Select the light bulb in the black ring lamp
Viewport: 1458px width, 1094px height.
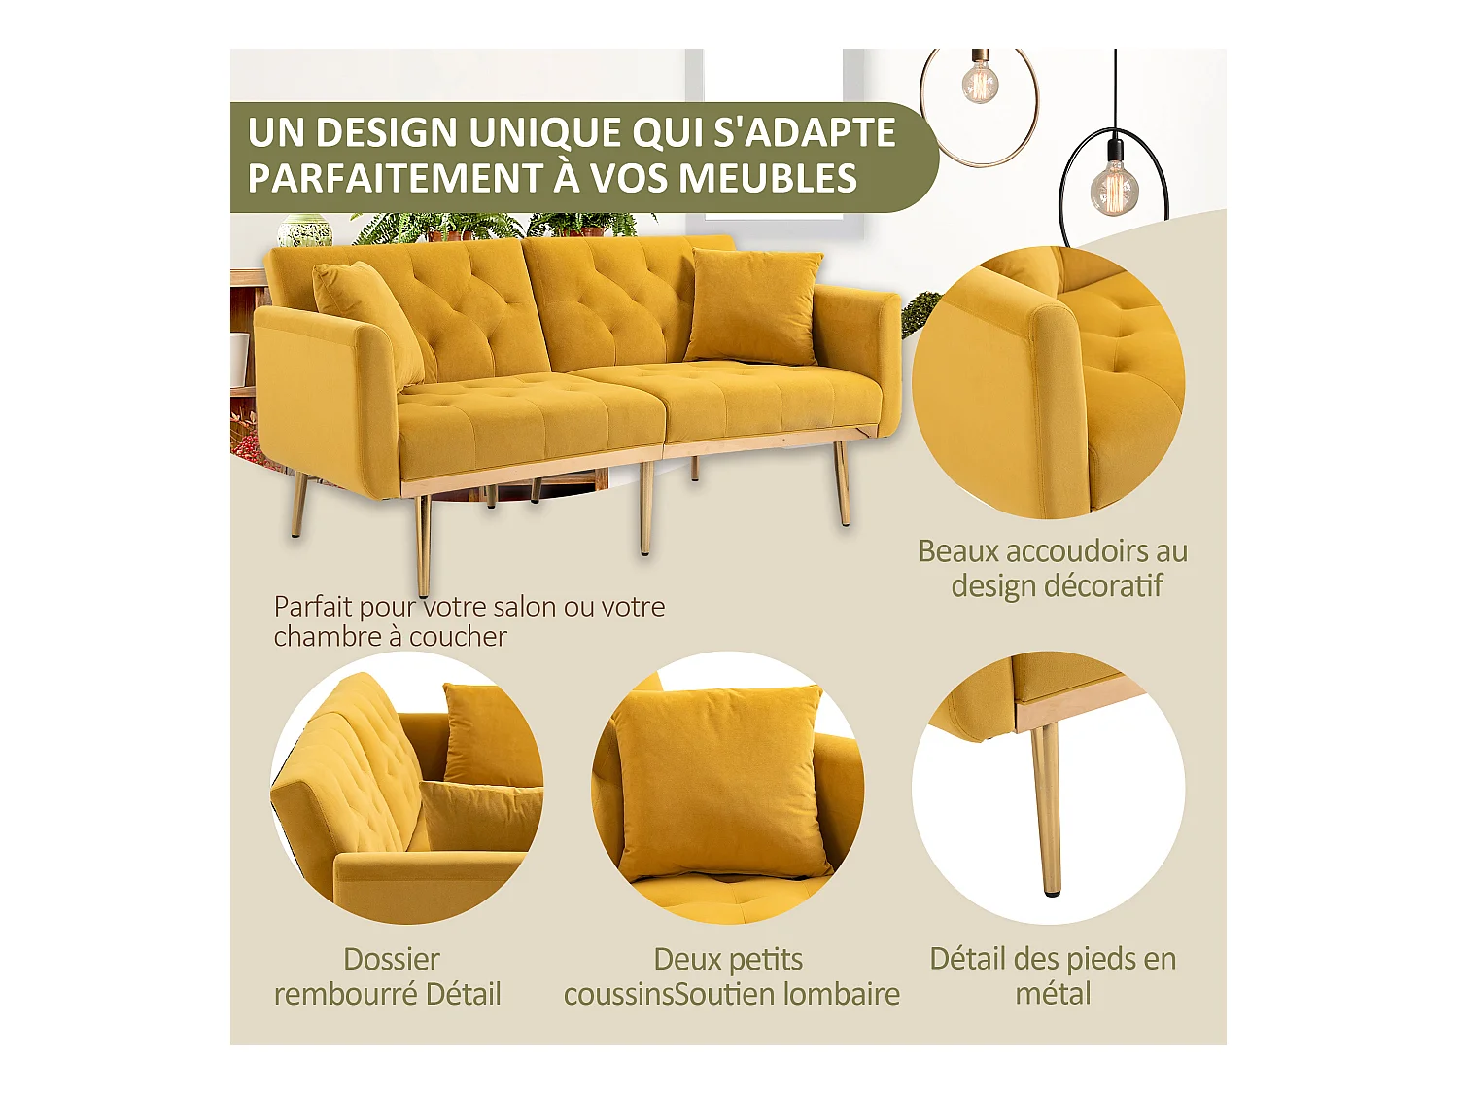pos(1114,186)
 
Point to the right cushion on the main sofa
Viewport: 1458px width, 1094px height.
pos(753,305)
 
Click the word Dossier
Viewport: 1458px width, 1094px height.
pos(392,960)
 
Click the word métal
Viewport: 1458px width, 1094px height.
pos(1053,995)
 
